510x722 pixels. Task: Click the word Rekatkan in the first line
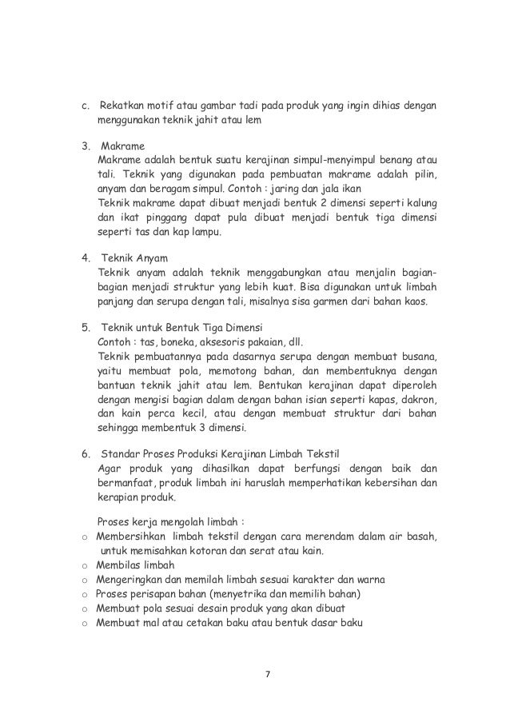121,106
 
